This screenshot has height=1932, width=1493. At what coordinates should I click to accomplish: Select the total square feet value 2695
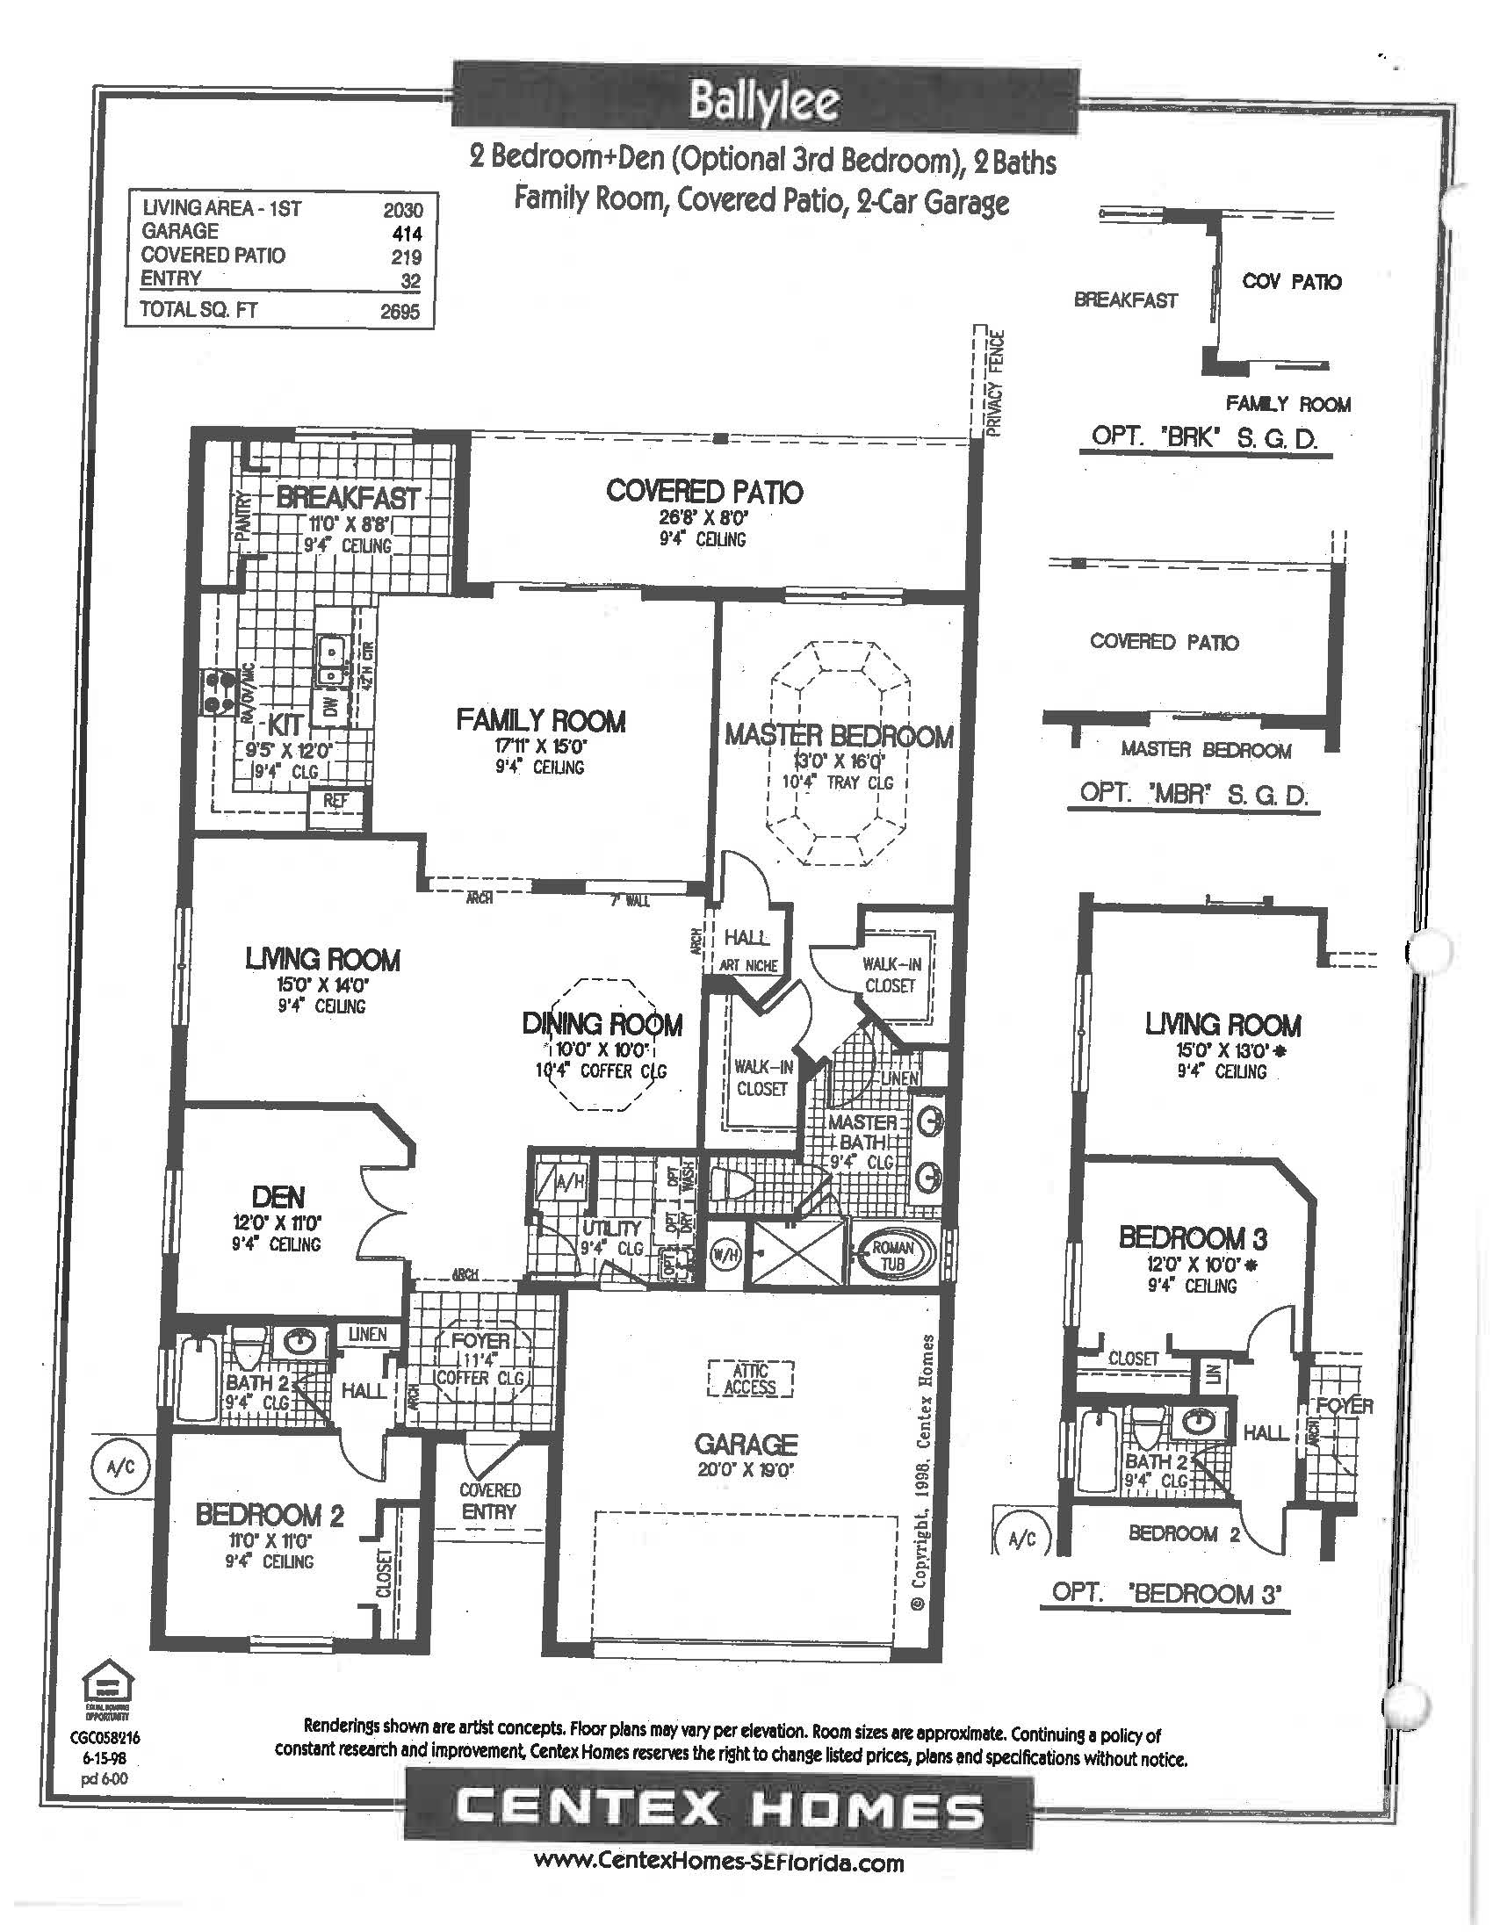tap(400, 312)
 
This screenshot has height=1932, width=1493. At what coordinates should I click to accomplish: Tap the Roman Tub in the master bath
tap(892, 1255)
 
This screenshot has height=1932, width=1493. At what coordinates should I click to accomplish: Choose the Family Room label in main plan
tap(540, 721)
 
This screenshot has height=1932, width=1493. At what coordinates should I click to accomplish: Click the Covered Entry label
tap(489, 1501)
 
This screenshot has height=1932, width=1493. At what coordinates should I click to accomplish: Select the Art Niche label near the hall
tap(747, 966)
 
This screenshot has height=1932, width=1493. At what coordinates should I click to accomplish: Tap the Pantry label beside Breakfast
tap(243, 514)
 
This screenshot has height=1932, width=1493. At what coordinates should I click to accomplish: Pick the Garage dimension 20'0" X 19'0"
tap(746, 1470)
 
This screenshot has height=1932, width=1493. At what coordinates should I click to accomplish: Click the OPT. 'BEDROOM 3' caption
tap(1165, 1593)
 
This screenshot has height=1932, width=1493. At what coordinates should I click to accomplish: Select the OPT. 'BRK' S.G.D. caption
tap(1205, 437)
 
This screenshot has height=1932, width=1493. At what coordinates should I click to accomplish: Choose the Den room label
tap(278, 1197)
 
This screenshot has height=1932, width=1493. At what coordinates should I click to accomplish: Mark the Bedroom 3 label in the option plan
tap(1193, 1236)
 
